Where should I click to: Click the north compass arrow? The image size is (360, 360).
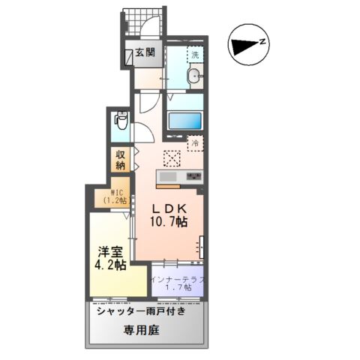click(x=244, y=46)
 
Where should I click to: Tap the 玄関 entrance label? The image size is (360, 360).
click(x=145, y=52)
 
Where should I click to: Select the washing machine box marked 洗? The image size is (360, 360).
click(x=194, y=54)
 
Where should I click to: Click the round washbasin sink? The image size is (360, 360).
click(x=193, y=76)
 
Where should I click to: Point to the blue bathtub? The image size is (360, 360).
click(x=184, y=121)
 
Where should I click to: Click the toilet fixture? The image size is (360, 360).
click(x=120, y=121)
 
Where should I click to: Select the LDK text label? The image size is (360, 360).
click(x=169, y=208)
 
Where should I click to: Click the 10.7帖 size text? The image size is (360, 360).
click(x=169, y=223)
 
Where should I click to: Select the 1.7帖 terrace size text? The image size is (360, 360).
click(x=178, y=289)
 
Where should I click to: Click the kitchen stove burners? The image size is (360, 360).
click(x=194, y=177)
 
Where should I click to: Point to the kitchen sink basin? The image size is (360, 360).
click(x=166, y=177)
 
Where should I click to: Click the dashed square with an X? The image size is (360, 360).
click(x=172, y=158)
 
